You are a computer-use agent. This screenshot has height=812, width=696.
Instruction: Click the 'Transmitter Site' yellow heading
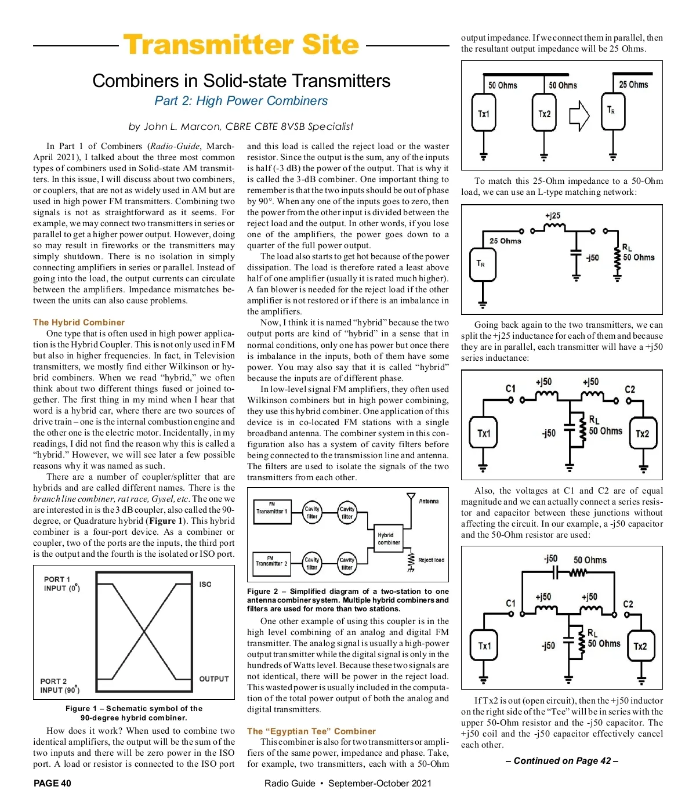241,44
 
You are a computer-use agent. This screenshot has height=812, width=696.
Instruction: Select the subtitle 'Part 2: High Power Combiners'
241,100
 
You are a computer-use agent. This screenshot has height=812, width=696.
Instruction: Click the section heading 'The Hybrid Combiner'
78,322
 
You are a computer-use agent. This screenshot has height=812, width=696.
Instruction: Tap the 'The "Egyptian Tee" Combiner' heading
311,731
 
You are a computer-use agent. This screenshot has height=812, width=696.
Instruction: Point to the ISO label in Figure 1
205,584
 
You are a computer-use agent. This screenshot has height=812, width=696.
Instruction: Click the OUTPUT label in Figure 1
213,679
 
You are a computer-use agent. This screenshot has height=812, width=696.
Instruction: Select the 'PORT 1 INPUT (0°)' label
62,583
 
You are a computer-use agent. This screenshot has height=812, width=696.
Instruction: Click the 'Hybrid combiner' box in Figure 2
388,538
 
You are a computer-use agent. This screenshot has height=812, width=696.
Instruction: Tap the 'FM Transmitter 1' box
272,512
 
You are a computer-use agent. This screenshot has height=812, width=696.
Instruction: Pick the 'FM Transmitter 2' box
271,564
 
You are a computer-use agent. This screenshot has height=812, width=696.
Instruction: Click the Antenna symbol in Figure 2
411,496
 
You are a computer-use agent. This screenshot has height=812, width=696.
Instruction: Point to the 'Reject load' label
432,560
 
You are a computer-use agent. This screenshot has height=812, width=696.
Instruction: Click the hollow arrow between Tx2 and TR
579,116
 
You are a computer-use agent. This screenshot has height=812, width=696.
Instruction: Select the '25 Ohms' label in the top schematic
633,85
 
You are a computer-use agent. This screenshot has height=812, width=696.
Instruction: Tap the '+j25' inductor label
553,216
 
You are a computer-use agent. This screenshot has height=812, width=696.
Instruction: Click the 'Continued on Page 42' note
561,760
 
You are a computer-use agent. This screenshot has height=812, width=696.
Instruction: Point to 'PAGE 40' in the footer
52,783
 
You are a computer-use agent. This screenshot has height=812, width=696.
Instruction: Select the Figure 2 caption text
347,600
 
